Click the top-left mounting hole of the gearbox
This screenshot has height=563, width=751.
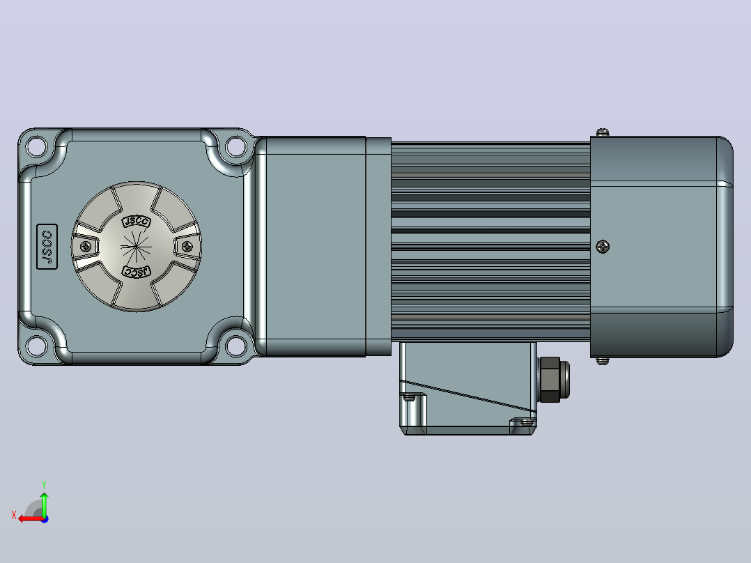click(37, 146)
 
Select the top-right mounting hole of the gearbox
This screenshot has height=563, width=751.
click(235, 146)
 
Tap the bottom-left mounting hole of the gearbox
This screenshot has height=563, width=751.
click(37, 346)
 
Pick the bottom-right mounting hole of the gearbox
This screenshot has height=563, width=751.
click(235, 346)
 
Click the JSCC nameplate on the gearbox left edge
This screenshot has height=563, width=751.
click(47, 246)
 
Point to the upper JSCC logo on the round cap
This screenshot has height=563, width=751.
click(137, 222)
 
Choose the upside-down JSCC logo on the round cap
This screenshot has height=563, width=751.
click(137, 272)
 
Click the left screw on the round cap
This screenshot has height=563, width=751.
click(86, 246)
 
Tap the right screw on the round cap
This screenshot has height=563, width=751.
click(187, 246)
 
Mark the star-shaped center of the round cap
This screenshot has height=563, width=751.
click(137, 247)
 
